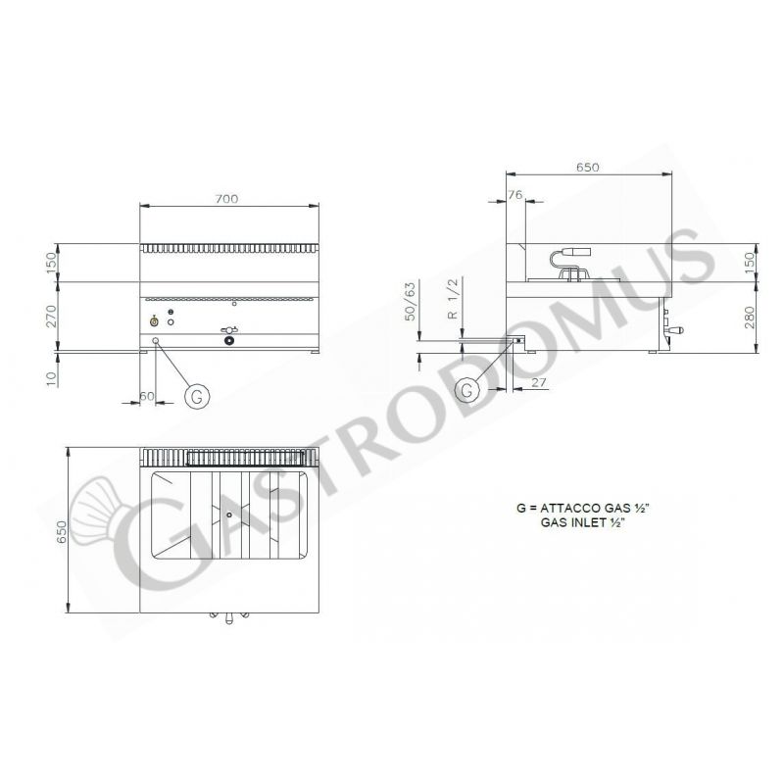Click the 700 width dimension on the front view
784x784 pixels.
pos(226,199)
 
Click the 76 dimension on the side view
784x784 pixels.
pos(515,196)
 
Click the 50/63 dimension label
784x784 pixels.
pos(409,299)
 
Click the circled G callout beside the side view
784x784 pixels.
pos(467,389)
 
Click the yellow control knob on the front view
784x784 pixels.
pos(154,320)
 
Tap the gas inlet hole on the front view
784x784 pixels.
pos(155,340)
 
